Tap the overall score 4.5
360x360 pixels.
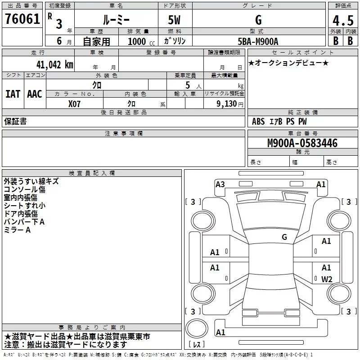point(342,20)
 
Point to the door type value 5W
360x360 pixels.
point(174,20)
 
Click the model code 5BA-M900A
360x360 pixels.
point(258,41)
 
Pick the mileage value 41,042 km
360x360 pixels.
point(51,65)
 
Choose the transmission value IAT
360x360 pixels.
point(13,94)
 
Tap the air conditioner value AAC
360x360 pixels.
point(35,94)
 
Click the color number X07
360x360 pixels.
point(75,103)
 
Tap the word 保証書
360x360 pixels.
point(15,121)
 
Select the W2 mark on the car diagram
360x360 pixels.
point(326,279)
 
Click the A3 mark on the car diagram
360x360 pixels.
point(220,184)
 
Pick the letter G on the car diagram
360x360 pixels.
point(284,237)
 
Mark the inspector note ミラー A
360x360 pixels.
point(17,230)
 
